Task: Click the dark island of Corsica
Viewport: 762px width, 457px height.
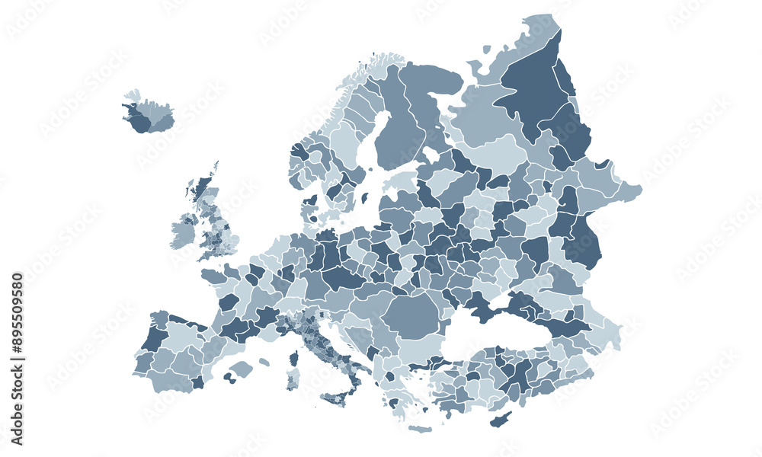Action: coord(294,358)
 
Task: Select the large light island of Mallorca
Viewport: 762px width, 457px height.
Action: coord(242,369)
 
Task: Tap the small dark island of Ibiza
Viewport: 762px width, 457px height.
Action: coord(227,376)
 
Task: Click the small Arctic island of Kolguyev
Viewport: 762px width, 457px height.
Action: coord(487,50)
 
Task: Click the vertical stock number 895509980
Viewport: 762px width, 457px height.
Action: coord(18,359)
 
